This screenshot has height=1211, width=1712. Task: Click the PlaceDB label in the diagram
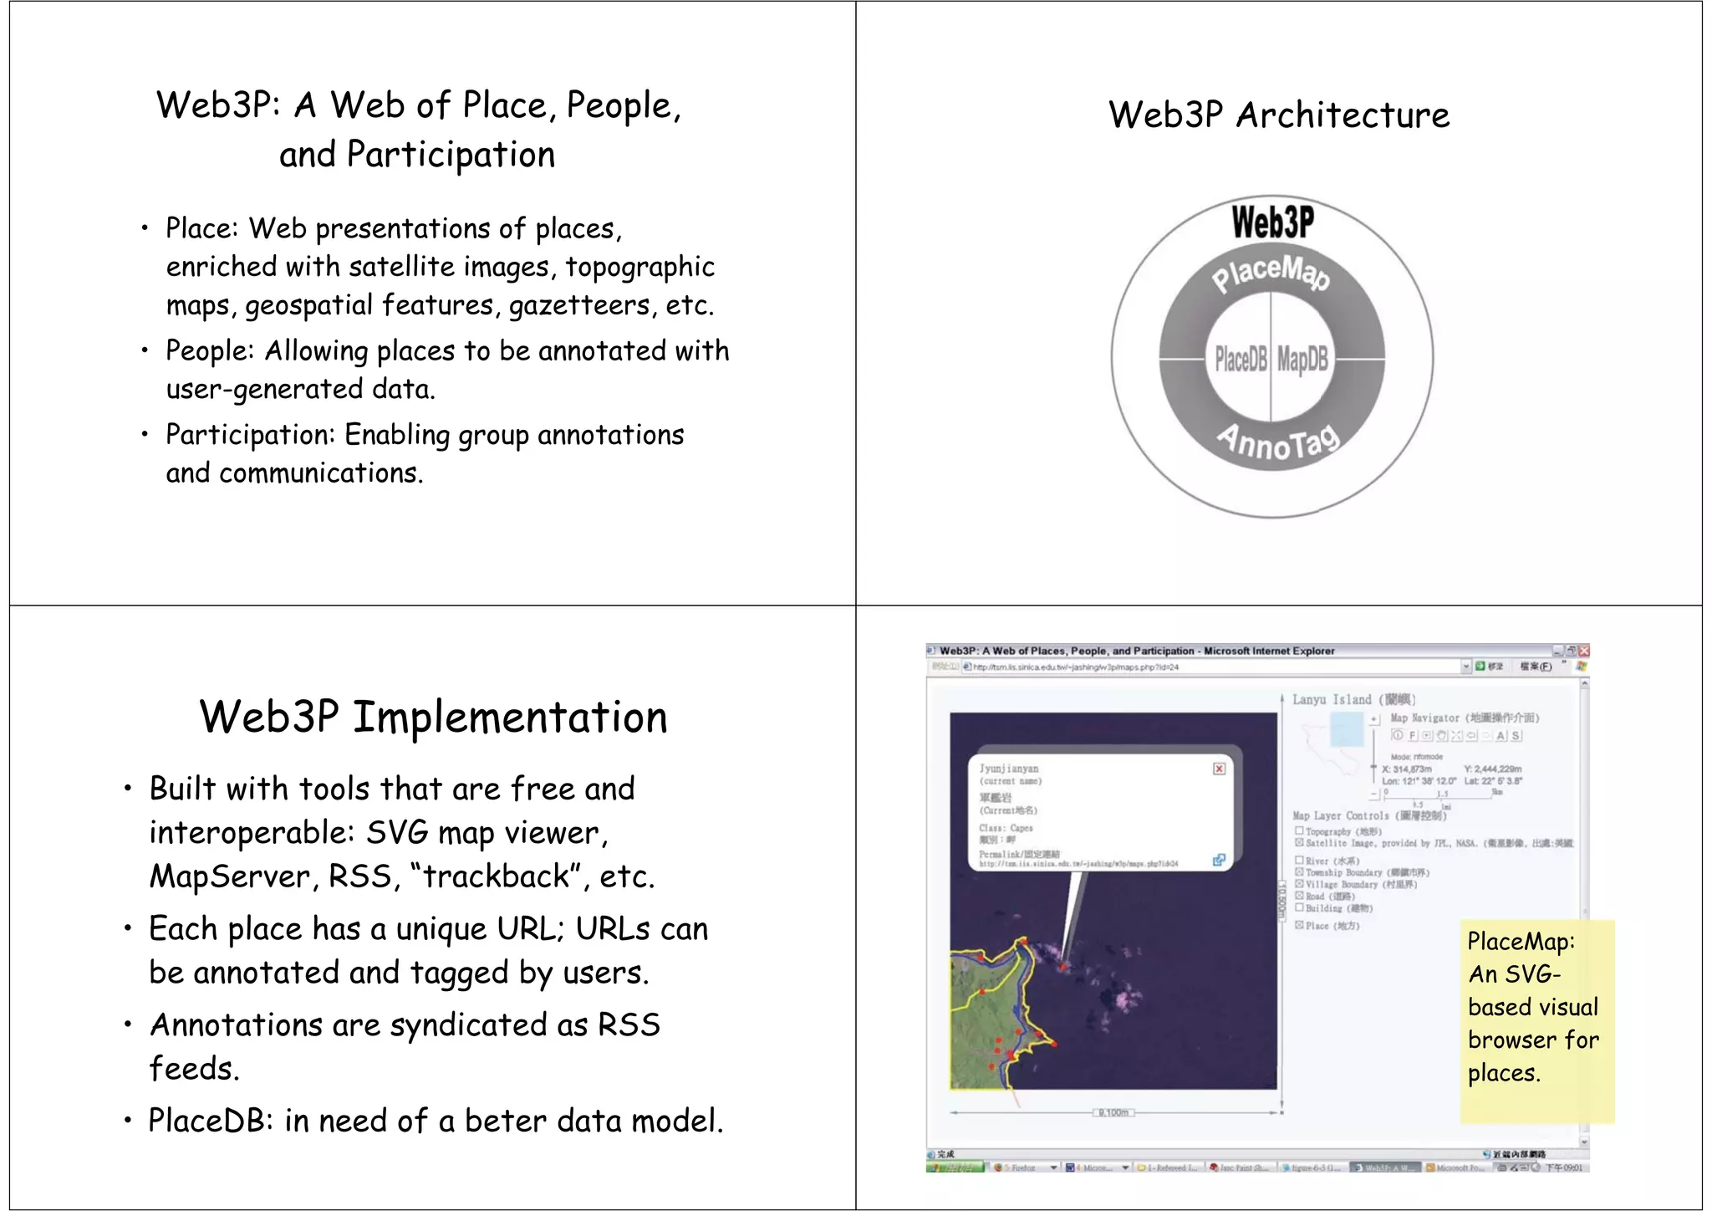point(1241,359)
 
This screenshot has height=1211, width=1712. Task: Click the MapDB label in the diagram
point(1302,359)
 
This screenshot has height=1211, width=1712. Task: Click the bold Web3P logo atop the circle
point(1272,222)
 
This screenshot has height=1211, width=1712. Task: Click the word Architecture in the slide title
point(1343,115)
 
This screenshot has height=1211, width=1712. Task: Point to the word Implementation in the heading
point(510,718)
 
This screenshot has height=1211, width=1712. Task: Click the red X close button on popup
point(1219,769)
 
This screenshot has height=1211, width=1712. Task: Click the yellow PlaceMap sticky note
point(1536,1020)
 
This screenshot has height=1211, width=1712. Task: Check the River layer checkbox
point(1299,860)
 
